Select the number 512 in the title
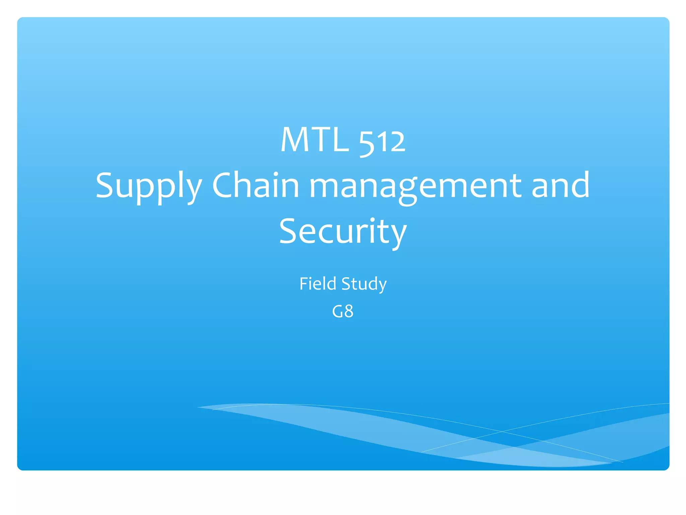pos(382,142)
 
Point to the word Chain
pos(256,185)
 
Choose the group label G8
pos(343,311)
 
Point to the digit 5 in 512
pos(366,144)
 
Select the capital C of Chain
pos(223,185)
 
